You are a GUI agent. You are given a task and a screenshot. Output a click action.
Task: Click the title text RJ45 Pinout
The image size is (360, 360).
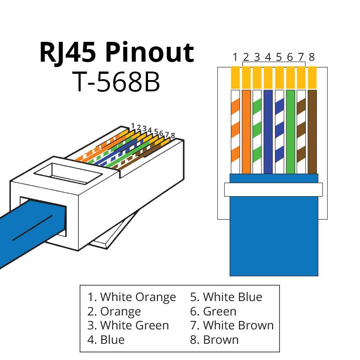click(x=117, y=53)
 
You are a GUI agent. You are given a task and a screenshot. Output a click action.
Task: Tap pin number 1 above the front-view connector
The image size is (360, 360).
click(x=235, y=57)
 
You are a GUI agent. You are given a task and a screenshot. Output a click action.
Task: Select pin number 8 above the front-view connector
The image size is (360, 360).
click(x=311, y=57)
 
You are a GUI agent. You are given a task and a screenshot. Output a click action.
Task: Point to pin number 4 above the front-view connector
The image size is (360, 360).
click(x=268, y=57)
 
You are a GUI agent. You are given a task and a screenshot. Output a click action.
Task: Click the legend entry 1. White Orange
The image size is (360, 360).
click(x=132, y=297)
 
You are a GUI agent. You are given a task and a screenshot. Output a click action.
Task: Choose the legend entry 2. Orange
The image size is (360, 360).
click(x=114, y=311)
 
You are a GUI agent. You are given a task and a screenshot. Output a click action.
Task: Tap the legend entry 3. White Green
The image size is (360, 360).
click(x=128, y=325)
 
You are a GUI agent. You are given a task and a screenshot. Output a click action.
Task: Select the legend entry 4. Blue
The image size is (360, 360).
click(x=106, y=339)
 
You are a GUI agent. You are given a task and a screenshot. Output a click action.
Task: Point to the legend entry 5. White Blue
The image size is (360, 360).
click(x=226, y=297)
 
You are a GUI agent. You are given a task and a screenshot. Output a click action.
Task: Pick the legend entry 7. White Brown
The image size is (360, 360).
click(x=232, y=325)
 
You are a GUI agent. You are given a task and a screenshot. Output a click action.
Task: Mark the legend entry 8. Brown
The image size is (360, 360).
click(x=214, y=339)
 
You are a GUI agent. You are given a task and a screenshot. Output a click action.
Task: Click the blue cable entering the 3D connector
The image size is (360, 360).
click(x=27, y=229)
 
